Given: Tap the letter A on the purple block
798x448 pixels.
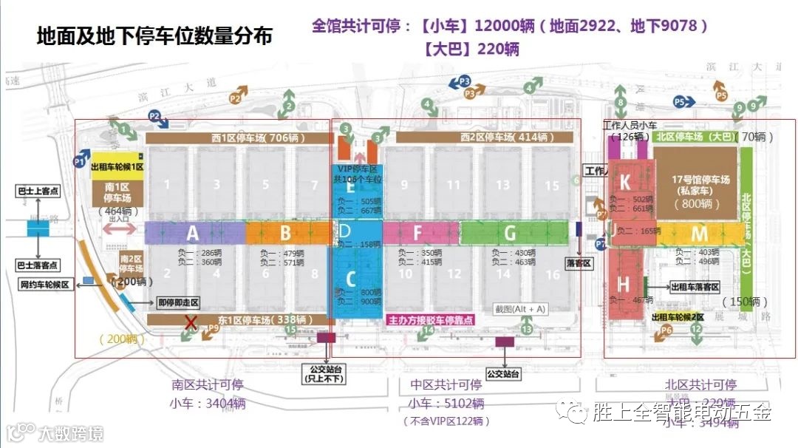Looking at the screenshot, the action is coord(193,234).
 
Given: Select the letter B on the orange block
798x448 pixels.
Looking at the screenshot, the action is coord(285,234).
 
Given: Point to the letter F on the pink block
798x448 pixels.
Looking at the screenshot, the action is coord(417,234).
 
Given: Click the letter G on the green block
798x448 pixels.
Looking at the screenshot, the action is coord(510,234).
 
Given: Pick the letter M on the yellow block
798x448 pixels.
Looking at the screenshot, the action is coord(699,234).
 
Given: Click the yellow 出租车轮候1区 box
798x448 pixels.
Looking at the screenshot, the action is coord(117,167).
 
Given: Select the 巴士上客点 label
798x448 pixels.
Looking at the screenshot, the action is coord(37,191).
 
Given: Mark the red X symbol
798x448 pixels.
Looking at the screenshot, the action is coord(191,322).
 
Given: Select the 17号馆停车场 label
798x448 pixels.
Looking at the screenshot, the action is coord(696,180).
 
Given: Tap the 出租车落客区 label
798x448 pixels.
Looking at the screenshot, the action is coord(695,287).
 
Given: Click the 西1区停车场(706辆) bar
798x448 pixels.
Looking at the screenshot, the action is coord(239,138).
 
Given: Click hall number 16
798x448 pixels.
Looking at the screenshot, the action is coord(552,274).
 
